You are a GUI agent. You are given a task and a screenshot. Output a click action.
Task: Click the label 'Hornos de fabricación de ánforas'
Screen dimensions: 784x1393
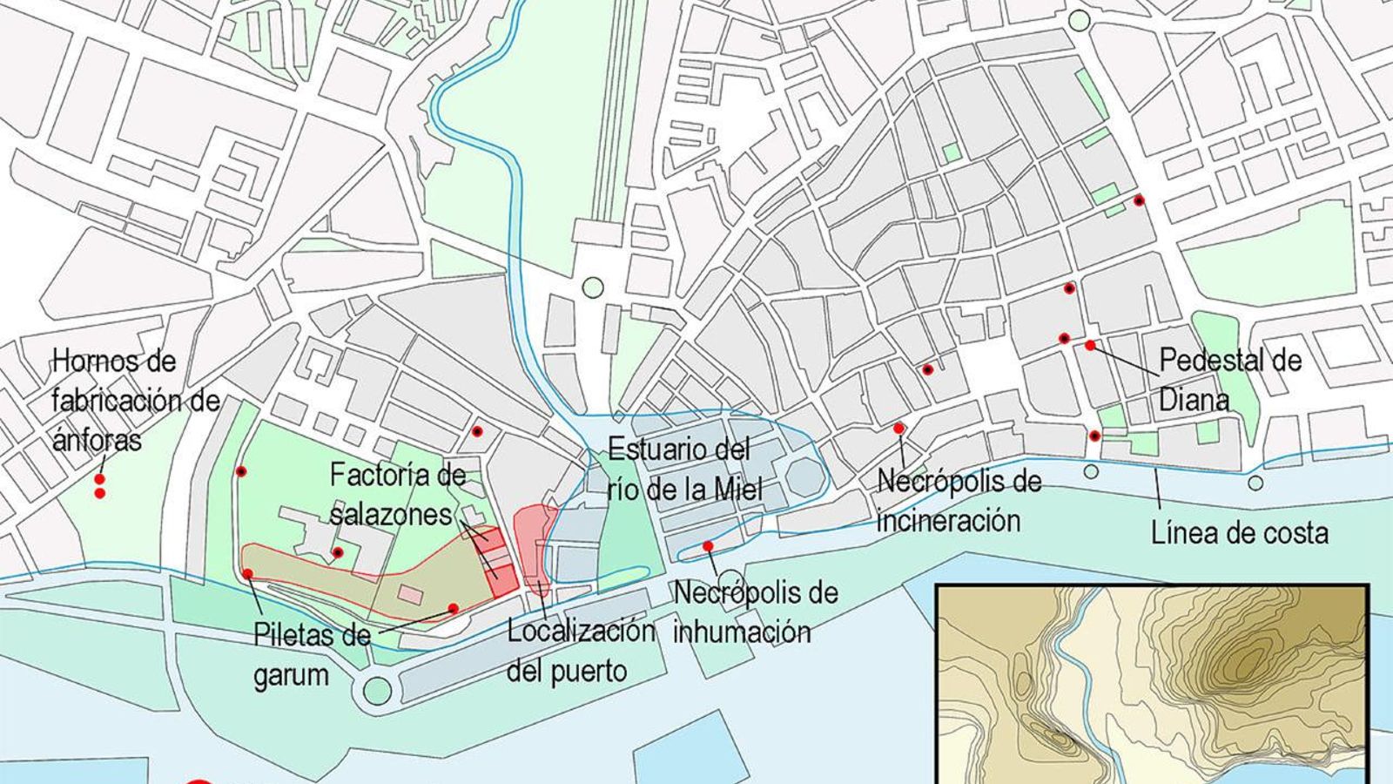(x=136, y=401)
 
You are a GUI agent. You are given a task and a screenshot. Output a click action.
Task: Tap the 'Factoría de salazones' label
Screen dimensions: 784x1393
(x=397, y=495)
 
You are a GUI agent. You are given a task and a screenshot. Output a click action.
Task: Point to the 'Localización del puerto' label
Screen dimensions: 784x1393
(x=581, y=650)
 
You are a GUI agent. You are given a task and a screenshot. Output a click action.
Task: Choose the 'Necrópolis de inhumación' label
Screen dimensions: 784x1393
(x=755, y=612)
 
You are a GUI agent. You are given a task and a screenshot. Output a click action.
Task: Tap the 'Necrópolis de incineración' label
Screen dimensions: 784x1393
(x=959, y=501)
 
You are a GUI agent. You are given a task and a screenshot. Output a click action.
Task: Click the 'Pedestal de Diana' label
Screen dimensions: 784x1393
(x=1230, y=380)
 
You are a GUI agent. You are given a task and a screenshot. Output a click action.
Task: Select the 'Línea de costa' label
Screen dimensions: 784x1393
(x=1239, y=531)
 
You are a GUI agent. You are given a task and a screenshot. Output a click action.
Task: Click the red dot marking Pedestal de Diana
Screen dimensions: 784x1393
(x=1090, y=345)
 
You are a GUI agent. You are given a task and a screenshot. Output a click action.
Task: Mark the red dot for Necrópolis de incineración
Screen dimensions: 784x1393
(x=898, y=428)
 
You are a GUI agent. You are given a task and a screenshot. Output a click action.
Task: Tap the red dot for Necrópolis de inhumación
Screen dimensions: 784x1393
(x=708, y=546)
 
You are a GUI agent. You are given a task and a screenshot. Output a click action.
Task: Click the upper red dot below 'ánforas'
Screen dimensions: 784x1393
(x=100, y=479)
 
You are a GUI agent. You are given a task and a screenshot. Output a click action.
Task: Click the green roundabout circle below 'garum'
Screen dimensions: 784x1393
(x=377, y=690)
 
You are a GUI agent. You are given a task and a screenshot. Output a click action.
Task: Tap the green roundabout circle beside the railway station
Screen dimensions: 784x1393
(x=593, y=287)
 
